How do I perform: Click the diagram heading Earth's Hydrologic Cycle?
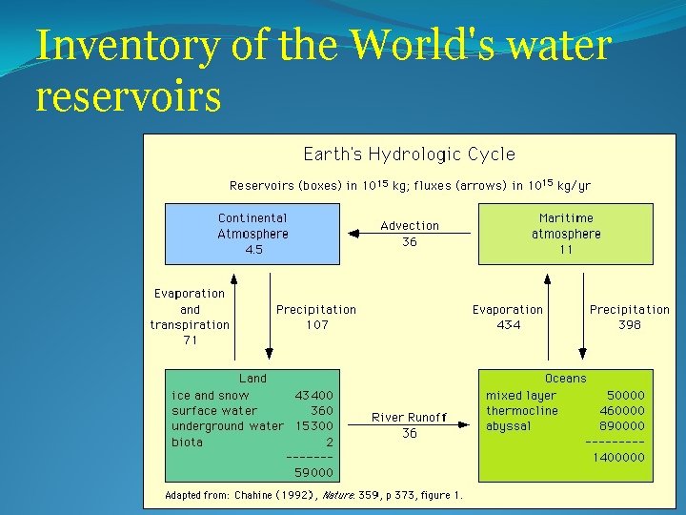(x=409, y=154)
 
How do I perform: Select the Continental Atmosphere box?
(x=252, y=234)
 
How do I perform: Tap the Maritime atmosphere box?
(x=566, y=234)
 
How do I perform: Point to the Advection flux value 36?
(x=410, y=242)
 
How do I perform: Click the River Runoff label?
(x=409, y=417)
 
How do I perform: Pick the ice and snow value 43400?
(x=314, y=395)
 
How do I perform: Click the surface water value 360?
(x=322, y=410)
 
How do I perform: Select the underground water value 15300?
(x=314, y=426)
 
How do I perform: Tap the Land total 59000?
(x=314, y=472)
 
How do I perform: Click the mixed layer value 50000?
(x=625, y=395)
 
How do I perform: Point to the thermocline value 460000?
(x=621, y=410)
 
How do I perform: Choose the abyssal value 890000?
(x=621, y=426)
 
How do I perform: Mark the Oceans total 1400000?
(x=618, y=457)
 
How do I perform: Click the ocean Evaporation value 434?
(x=508, y=325)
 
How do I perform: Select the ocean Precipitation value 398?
(x=629, y=325)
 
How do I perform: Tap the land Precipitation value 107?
(x=316, y=325)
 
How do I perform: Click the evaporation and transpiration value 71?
(x=190, y=340)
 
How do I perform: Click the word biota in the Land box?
(x=187, y=442)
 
